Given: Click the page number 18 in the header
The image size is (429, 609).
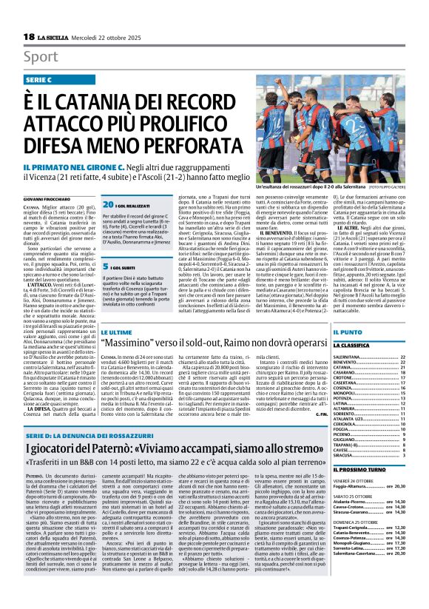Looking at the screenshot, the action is pos(28,37).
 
